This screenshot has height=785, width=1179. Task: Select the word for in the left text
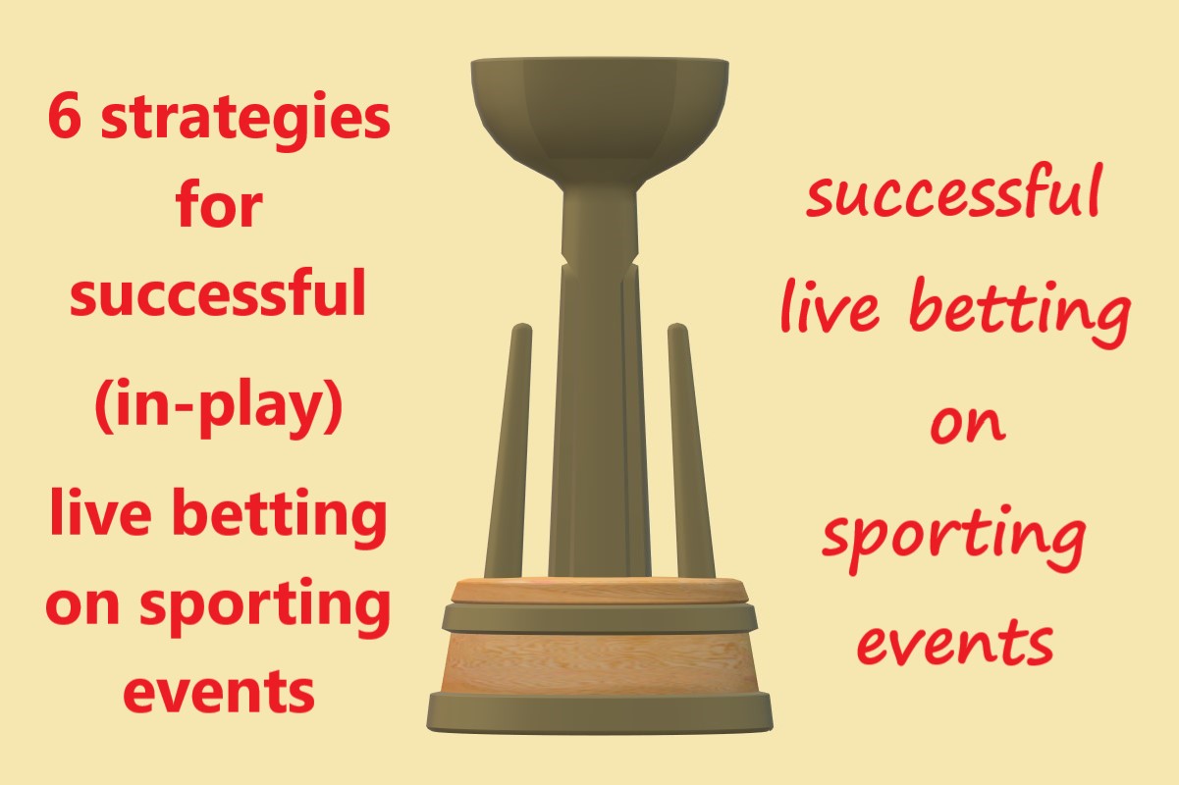(x=220, y=207)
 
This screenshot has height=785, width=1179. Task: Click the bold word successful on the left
(x=218, y=295)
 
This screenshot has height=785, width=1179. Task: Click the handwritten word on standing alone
(x=967, y=424)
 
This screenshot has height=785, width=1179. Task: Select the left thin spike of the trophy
(x=509, y=451)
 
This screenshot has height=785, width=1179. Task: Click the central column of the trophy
(x=599, y=392)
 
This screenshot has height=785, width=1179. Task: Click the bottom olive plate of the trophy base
(x=600, y=712)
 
